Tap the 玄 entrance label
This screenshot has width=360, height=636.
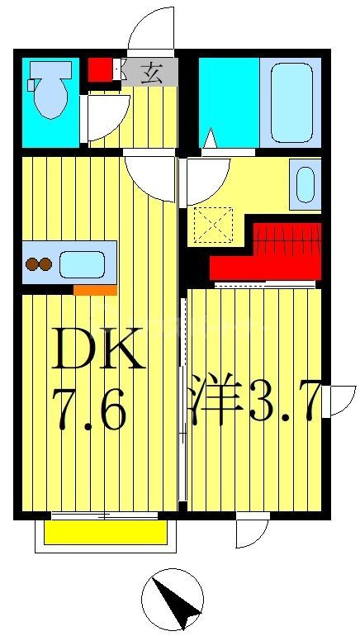(151, 72)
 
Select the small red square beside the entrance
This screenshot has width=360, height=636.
(100, 69)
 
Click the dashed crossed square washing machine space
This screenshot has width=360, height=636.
(212, 225)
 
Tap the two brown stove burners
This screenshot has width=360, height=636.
(39, 265)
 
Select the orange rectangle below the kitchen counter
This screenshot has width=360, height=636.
(94, 290)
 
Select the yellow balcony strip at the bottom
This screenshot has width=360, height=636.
(105, 533)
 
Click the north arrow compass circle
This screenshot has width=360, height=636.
(172, 600)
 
